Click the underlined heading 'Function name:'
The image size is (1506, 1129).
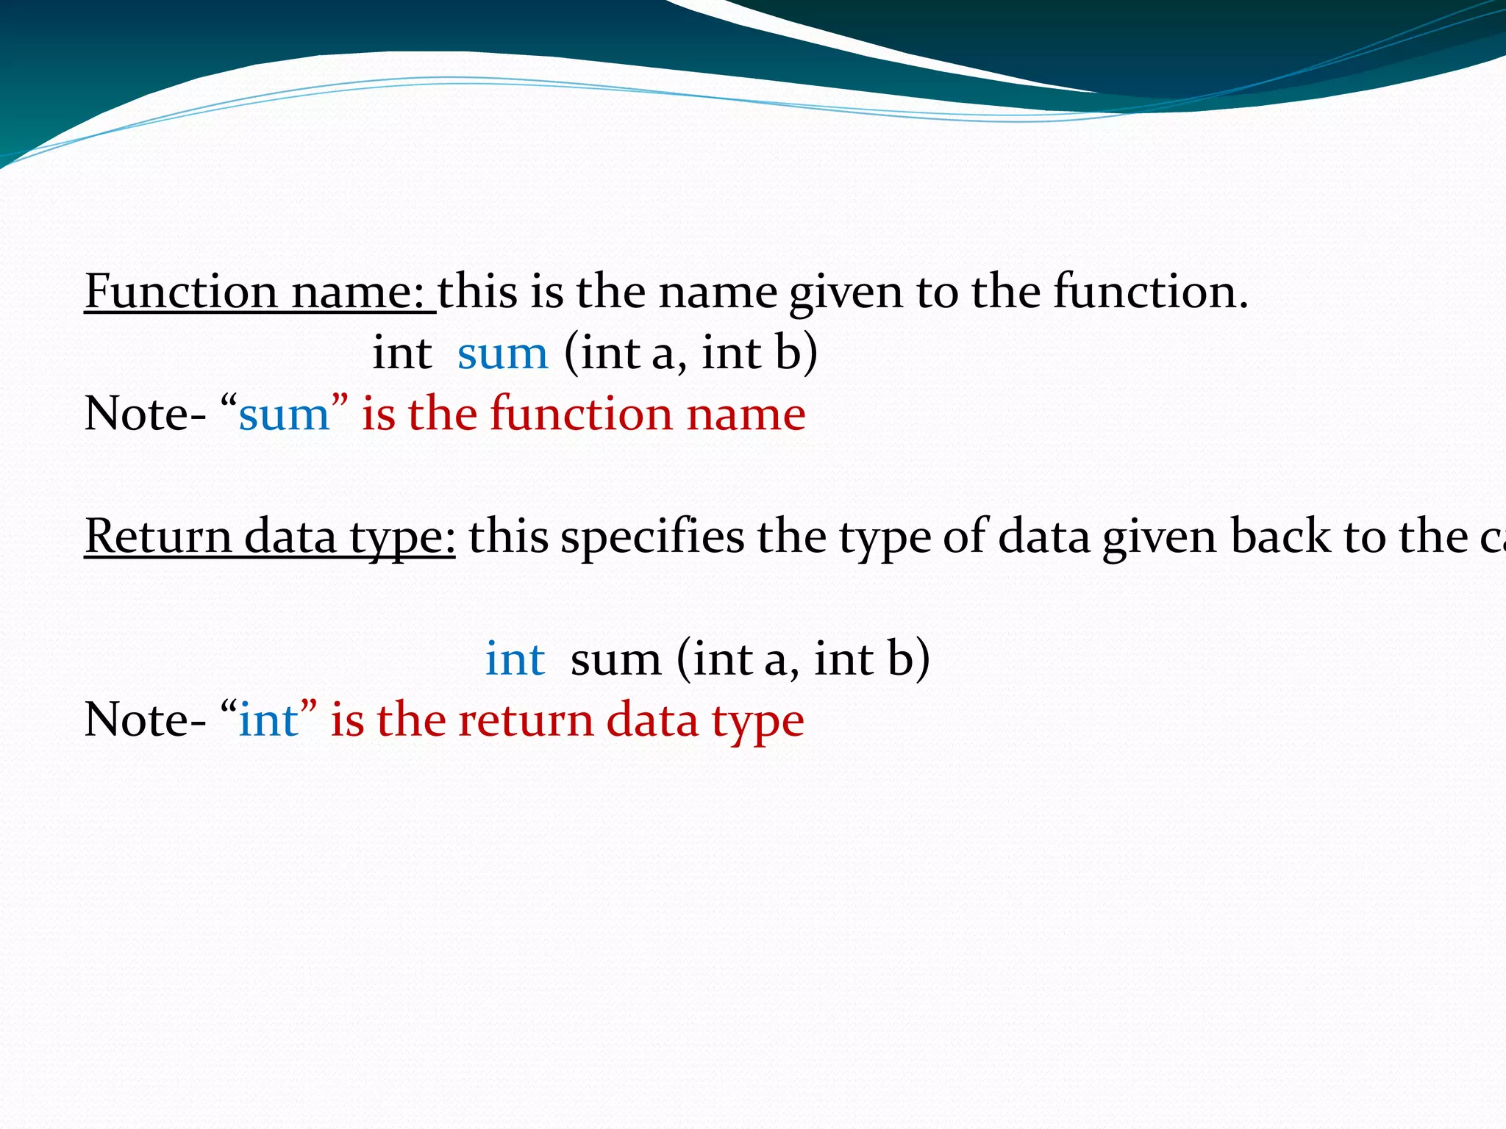259,292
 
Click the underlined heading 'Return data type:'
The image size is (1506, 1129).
269,537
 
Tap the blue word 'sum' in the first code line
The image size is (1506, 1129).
502,354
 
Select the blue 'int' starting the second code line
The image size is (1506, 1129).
515,659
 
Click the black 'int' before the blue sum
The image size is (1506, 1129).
402,353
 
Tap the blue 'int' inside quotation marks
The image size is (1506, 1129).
269,720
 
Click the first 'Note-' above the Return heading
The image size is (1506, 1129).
145,415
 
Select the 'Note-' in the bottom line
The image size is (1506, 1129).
145,720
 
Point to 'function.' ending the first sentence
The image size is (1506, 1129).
1151,292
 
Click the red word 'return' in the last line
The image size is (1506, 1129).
525,720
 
